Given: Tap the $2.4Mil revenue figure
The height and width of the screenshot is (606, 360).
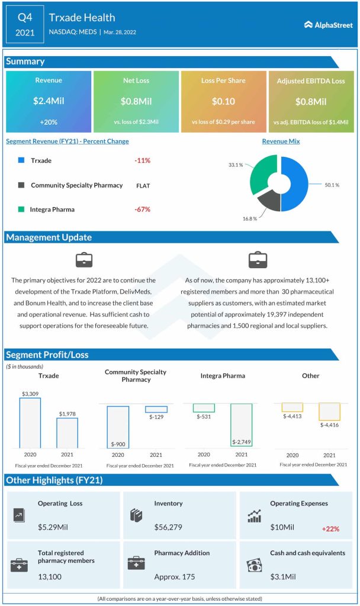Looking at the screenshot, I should point(48,101).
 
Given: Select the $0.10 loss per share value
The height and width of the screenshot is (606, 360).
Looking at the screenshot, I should point(223,101).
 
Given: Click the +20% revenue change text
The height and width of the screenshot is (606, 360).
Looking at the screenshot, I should point(48,122).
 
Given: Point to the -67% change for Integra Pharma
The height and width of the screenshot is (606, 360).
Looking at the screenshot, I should point(142,209).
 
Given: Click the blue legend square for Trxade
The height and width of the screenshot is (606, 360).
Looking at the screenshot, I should point(21,160).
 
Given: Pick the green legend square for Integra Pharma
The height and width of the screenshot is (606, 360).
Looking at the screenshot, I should point(21,209).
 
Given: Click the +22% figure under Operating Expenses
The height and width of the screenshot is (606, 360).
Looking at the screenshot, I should point(330,528).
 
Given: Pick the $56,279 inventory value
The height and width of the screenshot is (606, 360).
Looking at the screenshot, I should point(169,526).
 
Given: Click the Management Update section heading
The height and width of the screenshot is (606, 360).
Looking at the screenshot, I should point(49,237).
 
